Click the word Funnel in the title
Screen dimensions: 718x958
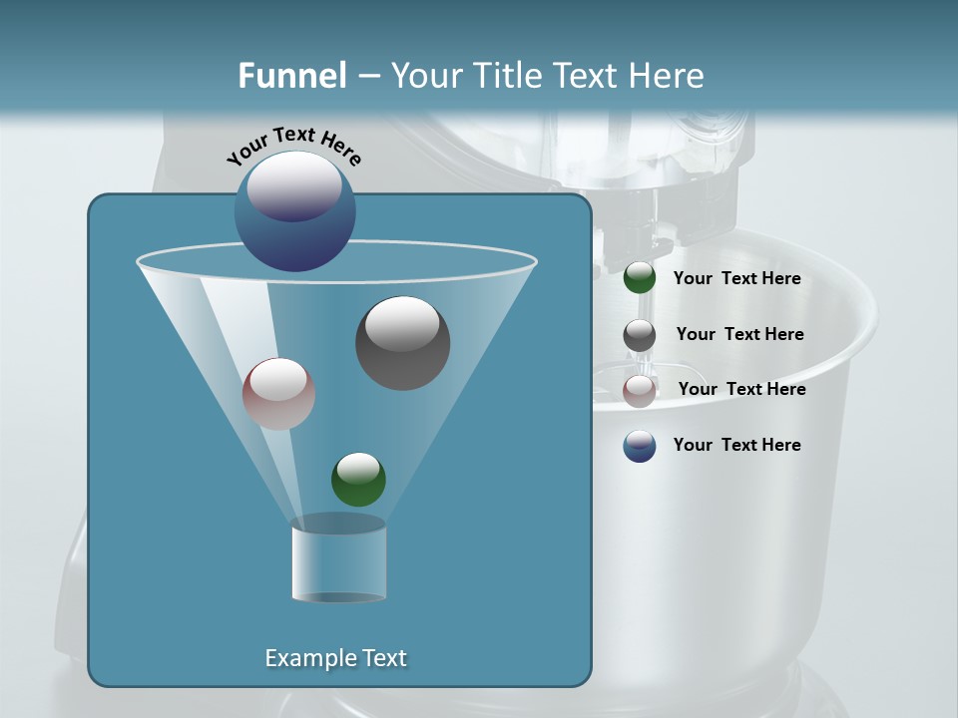coord(291,76)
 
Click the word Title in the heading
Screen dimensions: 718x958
coord(507,76)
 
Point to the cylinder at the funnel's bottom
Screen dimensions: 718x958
coord(338,563)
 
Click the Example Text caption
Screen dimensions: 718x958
coord(335,658)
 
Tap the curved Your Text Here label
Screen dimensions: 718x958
coord(293,145)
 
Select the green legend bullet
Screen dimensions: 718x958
coord(640,278)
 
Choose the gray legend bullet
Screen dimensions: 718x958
coord(640,335)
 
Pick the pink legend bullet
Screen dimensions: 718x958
coord(640,391)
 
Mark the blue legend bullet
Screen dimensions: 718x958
coord(640,446)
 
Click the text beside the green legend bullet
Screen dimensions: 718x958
coord(736,279)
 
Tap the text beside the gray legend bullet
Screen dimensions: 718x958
coord(739,334)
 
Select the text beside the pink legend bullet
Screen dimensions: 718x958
coord(741,389)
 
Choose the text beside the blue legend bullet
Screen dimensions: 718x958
coord(736,445)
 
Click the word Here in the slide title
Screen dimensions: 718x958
coord(667,76)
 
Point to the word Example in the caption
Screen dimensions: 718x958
coord(302,658)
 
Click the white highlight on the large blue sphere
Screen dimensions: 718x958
coord(294,185)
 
